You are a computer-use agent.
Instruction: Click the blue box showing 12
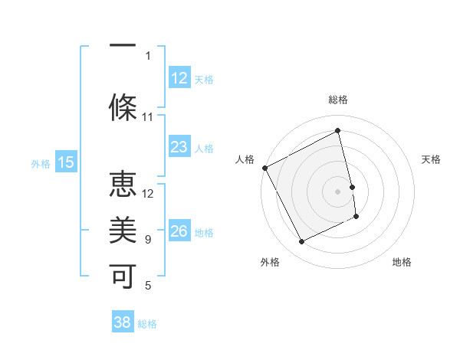179,78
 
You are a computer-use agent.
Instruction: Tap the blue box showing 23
179,147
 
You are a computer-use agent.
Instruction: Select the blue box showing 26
179,231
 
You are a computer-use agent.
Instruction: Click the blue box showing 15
66,162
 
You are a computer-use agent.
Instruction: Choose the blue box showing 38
123,322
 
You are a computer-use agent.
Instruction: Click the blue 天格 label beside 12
204,79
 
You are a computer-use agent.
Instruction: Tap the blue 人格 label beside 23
204,148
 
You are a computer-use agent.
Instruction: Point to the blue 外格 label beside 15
41,162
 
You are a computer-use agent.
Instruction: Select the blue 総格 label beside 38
147,323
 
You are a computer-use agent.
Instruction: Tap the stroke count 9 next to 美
148,240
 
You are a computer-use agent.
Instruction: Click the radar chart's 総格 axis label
338,100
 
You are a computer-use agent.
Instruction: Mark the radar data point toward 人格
264,168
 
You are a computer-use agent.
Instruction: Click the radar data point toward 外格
301,242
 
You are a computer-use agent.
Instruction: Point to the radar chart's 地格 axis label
402,262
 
